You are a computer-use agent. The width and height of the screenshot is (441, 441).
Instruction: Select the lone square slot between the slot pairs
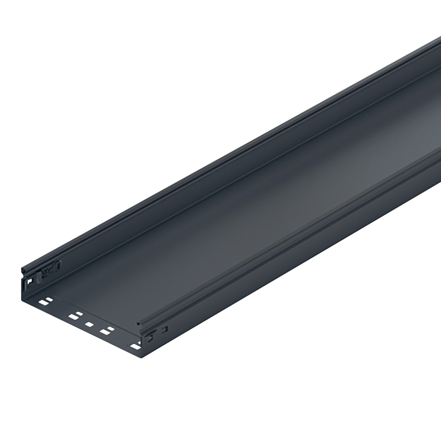89,324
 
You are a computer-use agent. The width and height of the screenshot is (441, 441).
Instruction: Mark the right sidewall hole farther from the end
165,329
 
